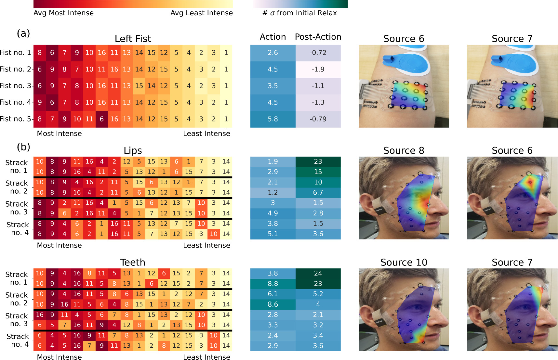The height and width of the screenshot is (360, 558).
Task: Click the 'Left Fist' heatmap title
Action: pyautogui.click(x=133, y=39)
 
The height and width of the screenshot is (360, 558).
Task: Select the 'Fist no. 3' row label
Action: pyautogui.click(x=16, y=86)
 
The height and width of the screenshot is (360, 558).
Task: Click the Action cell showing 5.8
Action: pyautogui.click(x=272, y=119)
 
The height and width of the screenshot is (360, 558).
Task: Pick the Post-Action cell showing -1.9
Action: pyautogui.click(x=318, y=69)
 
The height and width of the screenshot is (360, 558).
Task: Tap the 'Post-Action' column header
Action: pyautogui.click(x=318, y=37)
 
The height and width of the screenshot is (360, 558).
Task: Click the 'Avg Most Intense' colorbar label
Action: pyautogui.click(x=63, y=13)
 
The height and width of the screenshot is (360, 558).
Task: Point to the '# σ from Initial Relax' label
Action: pyautogui.click(x=299, y=13)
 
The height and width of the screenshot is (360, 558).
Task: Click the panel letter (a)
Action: pyautogui.click(x=23, y=33)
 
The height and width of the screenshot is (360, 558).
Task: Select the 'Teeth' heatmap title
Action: pyautogui.click(x=133, y=262)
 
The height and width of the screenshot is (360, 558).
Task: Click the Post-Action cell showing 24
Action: pyautogui.click(x=318, y=273)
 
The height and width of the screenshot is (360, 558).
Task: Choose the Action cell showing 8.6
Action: pyautogui.click(x=272, y=304)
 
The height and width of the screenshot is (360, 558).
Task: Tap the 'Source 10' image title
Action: pyautogui.click(x=404, y=262)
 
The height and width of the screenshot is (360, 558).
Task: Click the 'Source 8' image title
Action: pyautogui.click(x=404, y=150)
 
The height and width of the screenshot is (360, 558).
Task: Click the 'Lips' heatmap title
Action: pyautogui.click(x=133, y=150)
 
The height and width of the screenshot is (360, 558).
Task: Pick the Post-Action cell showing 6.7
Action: pyautogui.click(x=318, y=192)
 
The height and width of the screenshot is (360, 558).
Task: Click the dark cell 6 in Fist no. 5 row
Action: pyautogui.click(x=102, y=119)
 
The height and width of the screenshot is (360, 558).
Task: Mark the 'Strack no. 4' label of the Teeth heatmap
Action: pyautogui.click(x=18, y=340)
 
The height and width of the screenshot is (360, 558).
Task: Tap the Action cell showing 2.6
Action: pyautogui.click(x=272, y=53)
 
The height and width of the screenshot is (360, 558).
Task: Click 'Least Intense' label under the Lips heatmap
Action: pyautogui.click(x=206, y=245)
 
